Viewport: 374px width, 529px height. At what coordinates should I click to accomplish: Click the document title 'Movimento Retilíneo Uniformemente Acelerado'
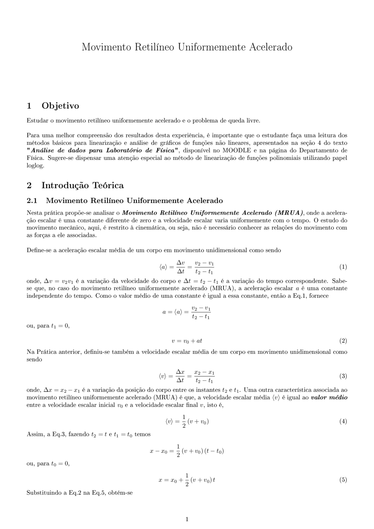click(x=187, y=47)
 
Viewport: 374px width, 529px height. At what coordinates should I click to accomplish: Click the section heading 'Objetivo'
click(x=60, y=106)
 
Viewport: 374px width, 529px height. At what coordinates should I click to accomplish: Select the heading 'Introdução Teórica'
click(x=82, y=185)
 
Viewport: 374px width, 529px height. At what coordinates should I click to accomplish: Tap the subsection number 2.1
click(x=32, y=201)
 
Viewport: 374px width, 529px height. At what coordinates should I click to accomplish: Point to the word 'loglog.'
click(x=35, y=166)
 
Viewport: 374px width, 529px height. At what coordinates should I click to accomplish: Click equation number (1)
click(x=343, y=267)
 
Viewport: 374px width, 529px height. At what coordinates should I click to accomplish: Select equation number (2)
click(x=343, y=341)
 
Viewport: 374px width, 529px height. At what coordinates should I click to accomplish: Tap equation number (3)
click(x=343, y=376)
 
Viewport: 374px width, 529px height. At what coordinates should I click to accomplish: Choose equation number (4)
click(x=343, y=422)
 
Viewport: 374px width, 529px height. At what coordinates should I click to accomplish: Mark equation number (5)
click(x=343, y=480)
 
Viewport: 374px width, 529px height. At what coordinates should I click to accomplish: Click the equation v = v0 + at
click(x=187, y=341)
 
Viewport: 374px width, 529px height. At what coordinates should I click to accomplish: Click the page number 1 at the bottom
click(x=187, y=519)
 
